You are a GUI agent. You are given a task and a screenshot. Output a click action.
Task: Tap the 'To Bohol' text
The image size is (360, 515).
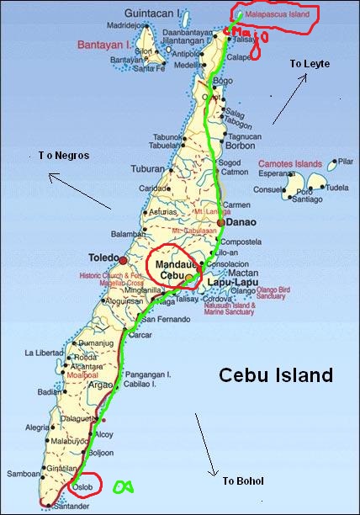(x=243, y=480)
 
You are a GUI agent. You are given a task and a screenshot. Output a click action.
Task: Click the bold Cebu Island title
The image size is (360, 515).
(x=276, y=375)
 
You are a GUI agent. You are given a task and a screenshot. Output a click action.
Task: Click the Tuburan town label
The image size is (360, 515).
(x=147, y=168)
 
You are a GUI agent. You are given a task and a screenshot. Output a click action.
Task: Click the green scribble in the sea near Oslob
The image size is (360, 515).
(x=124, y=486)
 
